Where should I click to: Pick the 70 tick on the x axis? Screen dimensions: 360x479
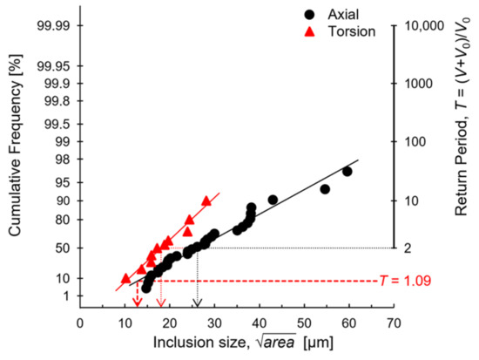395,322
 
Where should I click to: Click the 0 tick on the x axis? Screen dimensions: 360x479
80,322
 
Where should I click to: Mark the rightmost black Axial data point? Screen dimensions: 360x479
347,171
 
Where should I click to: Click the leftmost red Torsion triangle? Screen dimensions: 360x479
125,277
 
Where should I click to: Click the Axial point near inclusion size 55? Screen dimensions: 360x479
325,189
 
